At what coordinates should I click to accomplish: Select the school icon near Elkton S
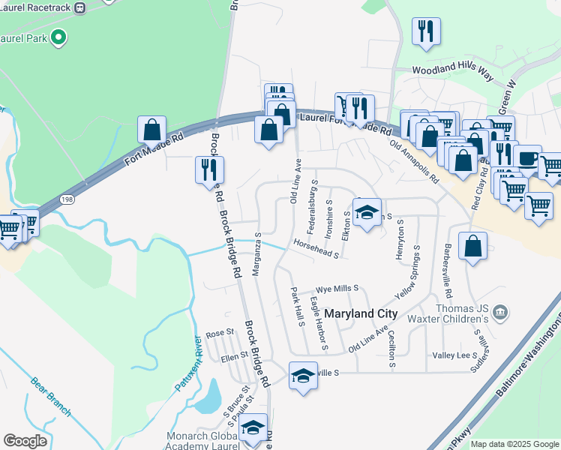[x=367, y=211]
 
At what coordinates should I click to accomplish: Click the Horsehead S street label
[x=316, y=250]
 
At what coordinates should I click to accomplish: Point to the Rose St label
[x=220, y=333]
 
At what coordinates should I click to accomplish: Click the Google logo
[x=25, y=441]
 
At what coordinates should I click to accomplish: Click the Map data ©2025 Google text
[x=514, y=444]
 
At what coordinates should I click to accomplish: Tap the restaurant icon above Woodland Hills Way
[x=426, y=31]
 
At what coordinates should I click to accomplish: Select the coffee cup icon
[x=526, y=158]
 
